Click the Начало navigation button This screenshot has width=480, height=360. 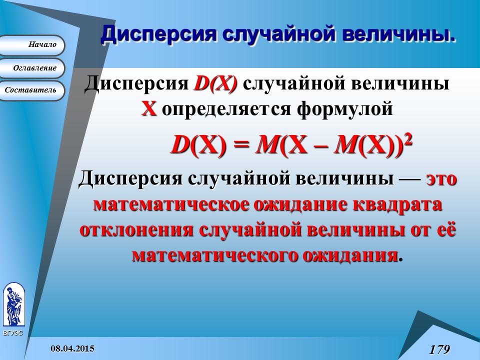click(x=32, y=45)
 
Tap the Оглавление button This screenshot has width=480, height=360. click(x=32, y=67)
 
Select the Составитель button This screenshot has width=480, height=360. click(x=32, y=90)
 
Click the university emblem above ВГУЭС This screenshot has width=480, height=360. click(x=13, y=305)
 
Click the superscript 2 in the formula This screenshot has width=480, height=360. click(x=408, y=140)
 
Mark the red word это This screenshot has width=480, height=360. click(x=441, y=178)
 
